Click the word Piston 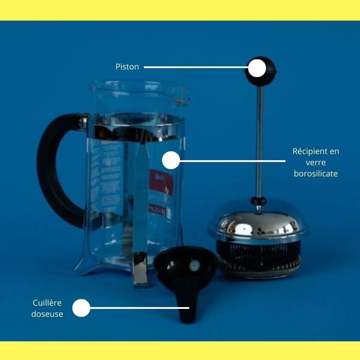127,67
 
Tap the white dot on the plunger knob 257,68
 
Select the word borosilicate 316,174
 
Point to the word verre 316,162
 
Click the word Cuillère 47,303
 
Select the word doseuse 47,314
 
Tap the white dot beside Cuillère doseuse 81,308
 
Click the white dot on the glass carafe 171,160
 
